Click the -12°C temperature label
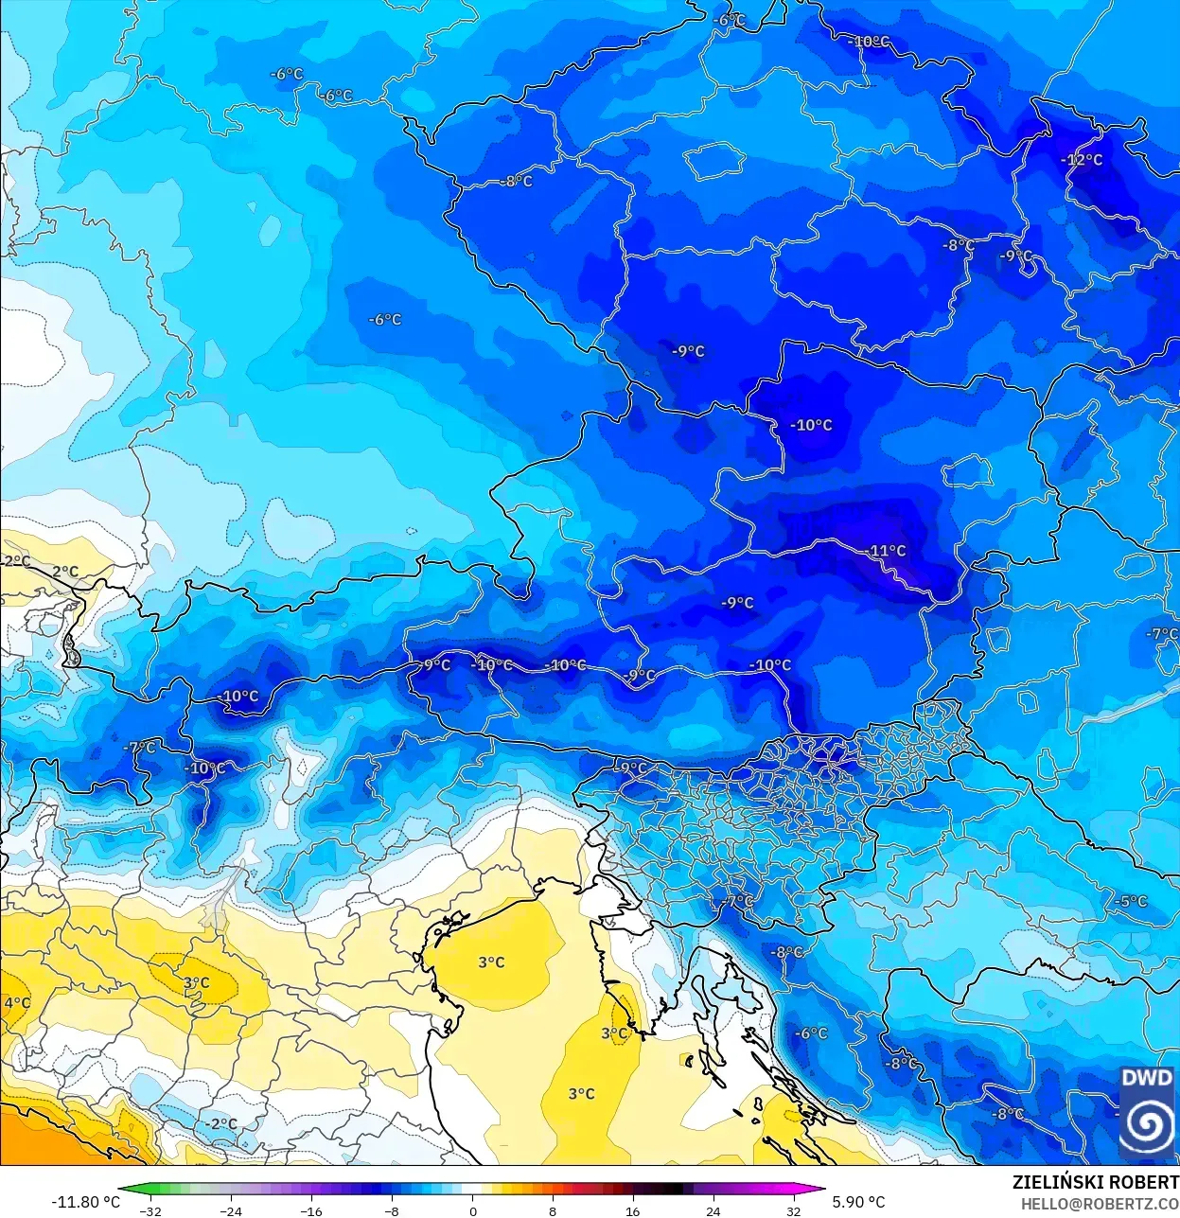click(1082, 160)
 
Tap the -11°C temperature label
click(886, 551)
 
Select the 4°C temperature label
click(16, 1003)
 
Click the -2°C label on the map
click(221, 1123)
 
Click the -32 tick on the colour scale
click(150, 1210)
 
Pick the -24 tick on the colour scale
click(230, 1210)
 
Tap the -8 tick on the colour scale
click(392, 1210)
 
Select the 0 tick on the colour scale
click(472, 1210)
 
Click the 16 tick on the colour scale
click(632, 1210)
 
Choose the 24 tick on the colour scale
click(713, 1210)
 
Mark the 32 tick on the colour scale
click(793, 1210)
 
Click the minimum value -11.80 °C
click(85, 1202)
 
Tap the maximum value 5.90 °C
click(858, 1202)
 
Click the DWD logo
click(1146, 1112)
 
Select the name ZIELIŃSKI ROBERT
click(1095, 1182)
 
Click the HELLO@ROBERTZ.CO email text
click(1099, 1204)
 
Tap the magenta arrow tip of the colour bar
click(821, 1191)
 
